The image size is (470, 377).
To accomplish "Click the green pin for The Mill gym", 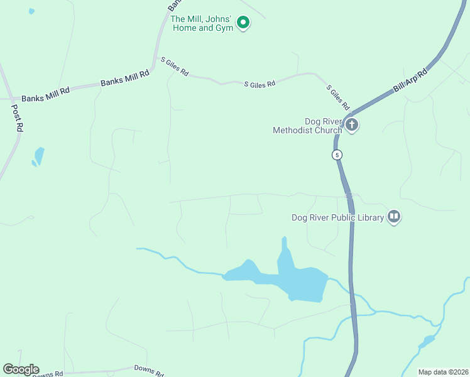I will tap(243, 24).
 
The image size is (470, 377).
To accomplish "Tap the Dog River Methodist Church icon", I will tap(351, 124).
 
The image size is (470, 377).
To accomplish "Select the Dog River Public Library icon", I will tap(394, 217).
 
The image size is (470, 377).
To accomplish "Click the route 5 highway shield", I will tap(338, 155).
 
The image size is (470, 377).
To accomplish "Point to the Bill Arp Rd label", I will tap(410, 81).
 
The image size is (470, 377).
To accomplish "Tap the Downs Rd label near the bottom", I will tap(148, 369).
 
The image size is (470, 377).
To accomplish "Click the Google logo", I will tap(21, 369).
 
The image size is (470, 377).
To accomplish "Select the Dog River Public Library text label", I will tap(337, 218).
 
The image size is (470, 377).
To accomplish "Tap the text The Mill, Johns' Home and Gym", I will tap(202, 24).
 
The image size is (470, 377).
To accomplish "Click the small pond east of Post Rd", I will tap(39, 156).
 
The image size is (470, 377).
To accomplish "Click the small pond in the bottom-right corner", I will tap(427, 342).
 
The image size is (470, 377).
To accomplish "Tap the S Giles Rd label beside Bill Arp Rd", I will tap(337, 94).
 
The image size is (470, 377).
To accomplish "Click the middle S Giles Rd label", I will tap(260, 84).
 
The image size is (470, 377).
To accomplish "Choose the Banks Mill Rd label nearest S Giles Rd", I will tap(125, 78).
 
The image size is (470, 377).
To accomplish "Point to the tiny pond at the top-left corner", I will tap(31, 11).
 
